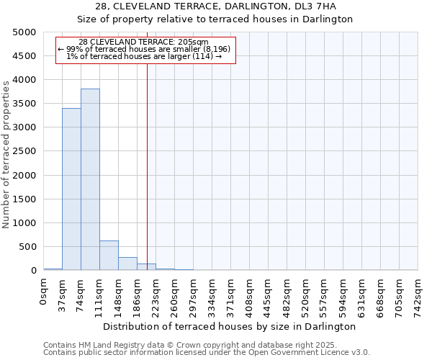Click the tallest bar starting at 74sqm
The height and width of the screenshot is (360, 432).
pyautogui.click(x=90, y=180)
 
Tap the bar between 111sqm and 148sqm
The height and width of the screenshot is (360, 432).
pyautogui.click(x=109, y=256)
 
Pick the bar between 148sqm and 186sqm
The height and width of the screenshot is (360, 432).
pyautogui.click(x=127, y=264)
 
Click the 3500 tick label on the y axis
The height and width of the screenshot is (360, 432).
pyautogui.click(x=25, y=104)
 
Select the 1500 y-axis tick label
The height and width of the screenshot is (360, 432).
pyautogui.click(x=25, y=199)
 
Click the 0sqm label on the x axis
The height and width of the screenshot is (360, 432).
pyautogui.click(x=44, y=294)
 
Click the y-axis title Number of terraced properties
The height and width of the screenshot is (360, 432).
pyautogui.click(x=6, y=155)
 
